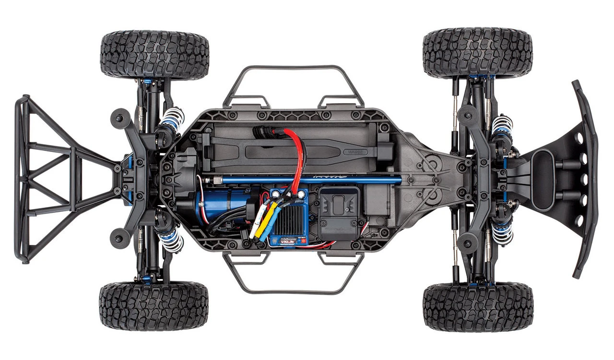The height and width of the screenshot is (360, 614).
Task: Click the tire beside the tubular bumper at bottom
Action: coord(153,305)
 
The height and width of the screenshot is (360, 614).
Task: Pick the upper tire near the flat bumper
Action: coord(478,53)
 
